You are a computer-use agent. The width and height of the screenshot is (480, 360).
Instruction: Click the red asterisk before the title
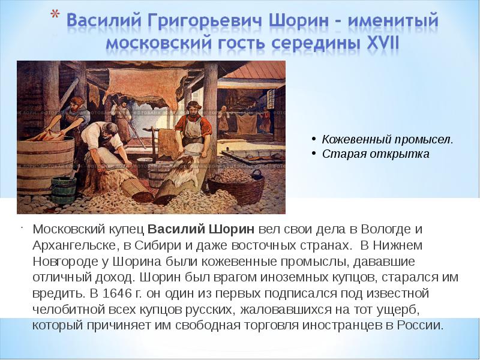click(x=55, y=15)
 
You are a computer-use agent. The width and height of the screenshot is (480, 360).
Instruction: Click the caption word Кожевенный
click(x=356, y=140)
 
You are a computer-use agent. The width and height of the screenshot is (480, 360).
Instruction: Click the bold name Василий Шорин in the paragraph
click(x=201, y=229)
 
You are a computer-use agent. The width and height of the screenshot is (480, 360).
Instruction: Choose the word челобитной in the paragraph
click(x=68, y=310)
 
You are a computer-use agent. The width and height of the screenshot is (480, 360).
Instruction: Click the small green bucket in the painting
click(x=64, y=190)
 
